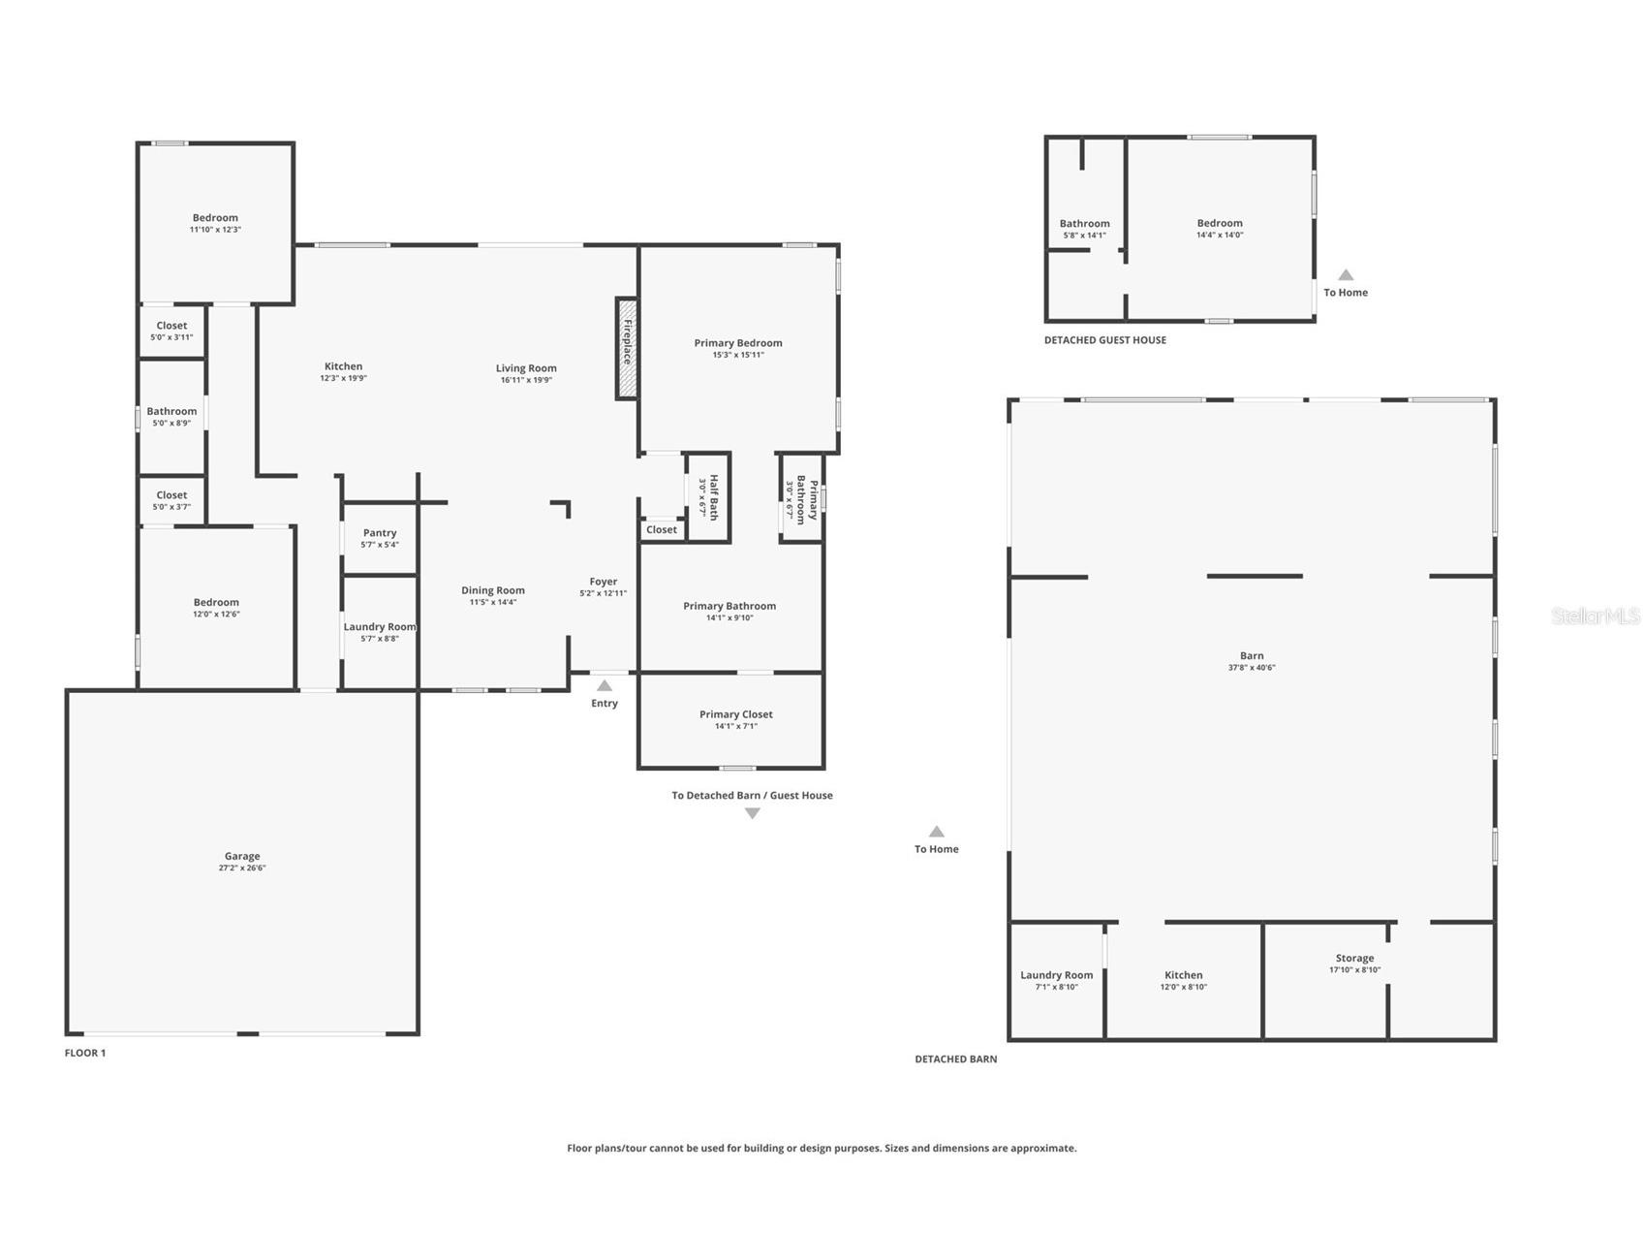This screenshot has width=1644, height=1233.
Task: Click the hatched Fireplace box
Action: click(627, 348)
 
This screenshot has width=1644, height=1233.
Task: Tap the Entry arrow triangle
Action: click(605, 685)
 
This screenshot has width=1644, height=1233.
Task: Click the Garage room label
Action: click(242, 856)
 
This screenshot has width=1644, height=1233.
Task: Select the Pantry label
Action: click(380, 532)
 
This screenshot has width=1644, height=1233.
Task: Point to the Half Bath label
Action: click(714, 497)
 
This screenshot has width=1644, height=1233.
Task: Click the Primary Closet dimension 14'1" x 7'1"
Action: click(736, 726)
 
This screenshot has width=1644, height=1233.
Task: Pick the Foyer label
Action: click(604, 582)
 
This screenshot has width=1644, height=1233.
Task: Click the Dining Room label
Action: click(493, 590)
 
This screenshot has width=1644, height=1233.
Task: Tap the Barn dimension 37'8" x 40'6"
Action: click(1252, 668)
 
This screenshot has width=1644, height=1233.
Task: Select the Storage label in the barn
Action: click(1354, 958)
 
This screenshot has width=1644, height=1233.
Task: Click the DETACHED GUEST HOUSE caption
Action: click(1105, 340)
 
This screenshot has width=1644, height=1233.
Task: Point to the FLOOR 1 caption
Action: click(85, 1053)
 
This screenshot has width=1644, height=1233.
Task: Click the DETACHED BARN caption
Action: click(956, 1059)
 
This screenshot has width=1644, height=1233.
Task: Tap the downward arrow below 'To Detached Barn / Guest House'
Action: click(752, 813)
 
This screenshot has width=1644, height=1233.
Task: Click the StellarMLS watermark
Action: click(1596, 616)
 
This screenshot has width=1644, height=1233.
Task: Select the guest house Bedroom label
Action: click(1220, 223)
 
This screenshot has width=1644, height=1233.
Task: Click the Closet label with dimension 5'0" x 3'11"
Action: click(171, 326)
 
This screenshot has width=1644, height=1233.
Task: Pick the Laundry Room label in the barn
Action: click(1056, 975)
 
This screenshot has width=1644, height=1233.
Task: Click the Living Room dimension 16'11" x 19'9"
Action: click(526, 380)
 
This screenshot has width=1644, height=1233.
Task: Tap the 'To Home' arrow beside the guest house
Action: click(1346, 274)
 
